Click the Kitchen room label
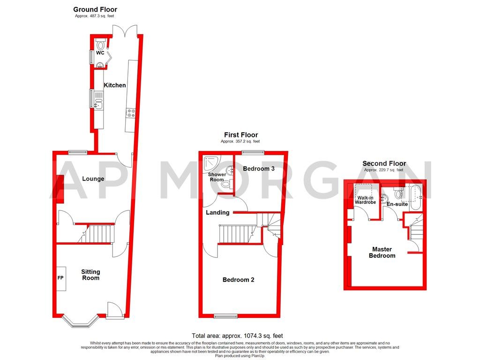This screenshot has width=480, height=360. click(115, 85)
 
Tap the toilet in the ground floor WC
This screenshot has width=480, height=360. click(101, 45)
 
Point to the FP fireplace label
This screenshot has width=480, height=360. click(60, 277)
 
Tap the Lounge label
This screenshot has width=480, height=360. click(93, 179)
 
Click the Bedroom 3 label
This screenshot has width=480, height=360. click(258, 169)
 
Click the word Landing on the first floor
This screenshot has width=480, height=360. click(218, 212)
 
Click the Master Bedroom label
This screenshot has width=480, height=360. click(382, 253)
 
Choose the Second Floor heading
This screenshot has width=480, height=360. click(384, 164)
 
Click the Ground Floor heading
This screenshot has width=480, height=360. click(95, 9)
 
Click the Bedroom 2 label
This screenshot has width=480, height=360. click(238, 280)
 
